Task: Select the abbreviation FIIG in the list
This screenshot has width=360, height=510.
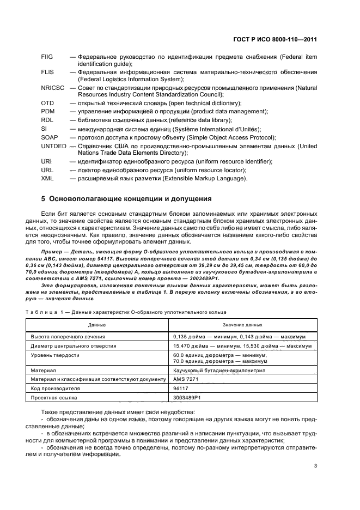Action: pos(48,57)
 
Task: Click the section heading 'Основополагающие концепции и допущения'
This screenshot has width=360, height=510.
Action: pos(126,198)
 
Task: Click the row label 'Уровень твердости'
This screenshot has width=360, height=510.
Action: pos(55,355)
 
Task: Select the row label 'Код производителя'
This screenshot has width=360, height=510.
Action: pos(56,388)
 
